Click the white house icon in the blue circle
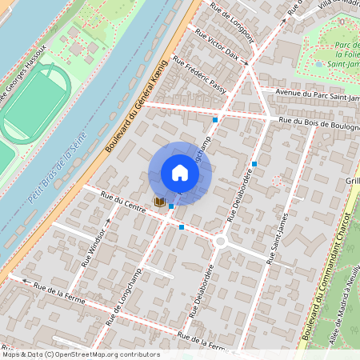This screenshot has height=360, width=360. [x=180, y=173]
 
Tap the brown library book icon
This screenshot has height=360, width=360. [x=159, y=202]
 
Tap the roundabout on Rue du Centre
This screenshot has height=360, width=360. [x=221, y=240]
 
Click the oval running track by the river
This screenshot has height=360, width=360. [x=35, y=104]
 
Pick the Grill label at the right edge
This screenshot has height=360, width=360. [x=352, y=182]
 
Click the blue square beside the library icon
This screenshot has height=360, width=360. [x=172, y=206]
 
